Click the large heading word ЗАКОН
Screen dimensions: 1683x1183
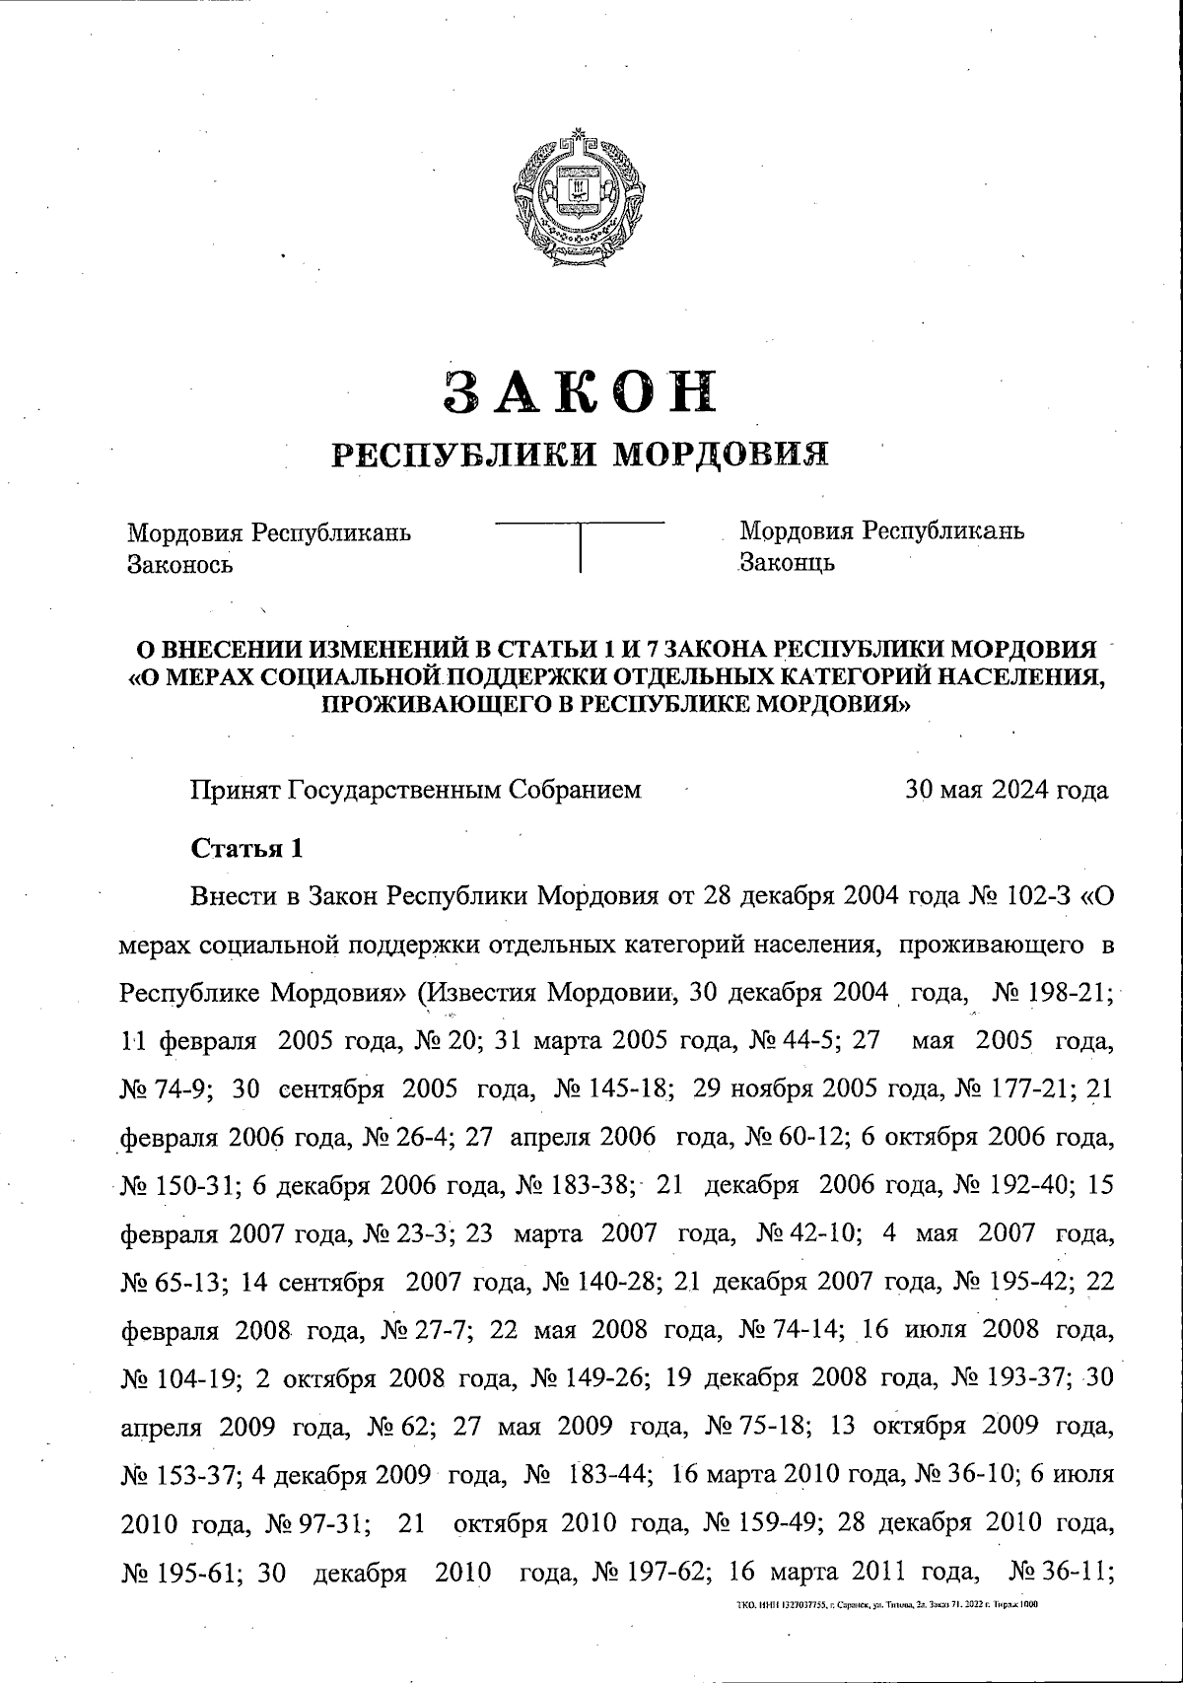[580, 391]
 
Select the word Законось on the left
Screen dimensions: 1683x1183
[179, 565]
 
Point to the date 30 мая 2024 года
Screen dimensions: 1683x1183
[1007, 790]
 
